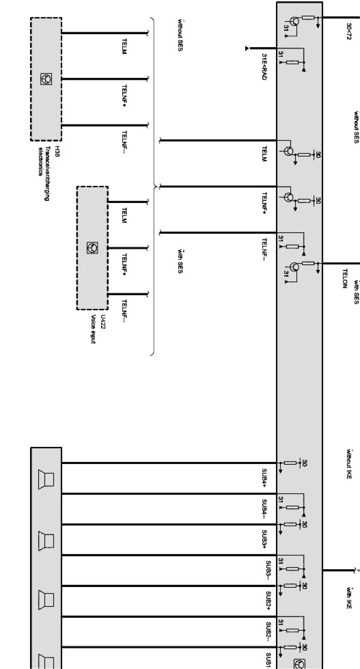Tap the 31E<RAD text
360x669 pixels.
[x=264, y=67]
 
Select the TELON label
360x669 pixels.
[x=345, y=278]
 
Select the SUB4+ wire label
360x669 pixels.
[x=264, y=478]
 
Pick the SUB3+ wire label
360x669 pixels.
[x=264, y=539]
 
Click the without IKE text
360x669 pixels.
[x=349, y=464]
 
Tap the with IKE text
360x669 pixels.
[x=349, y=597]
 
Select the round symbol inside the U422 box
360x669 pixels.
[x=93, y=248]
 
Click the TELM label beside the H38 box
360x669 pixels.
[x=124, y=46]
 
